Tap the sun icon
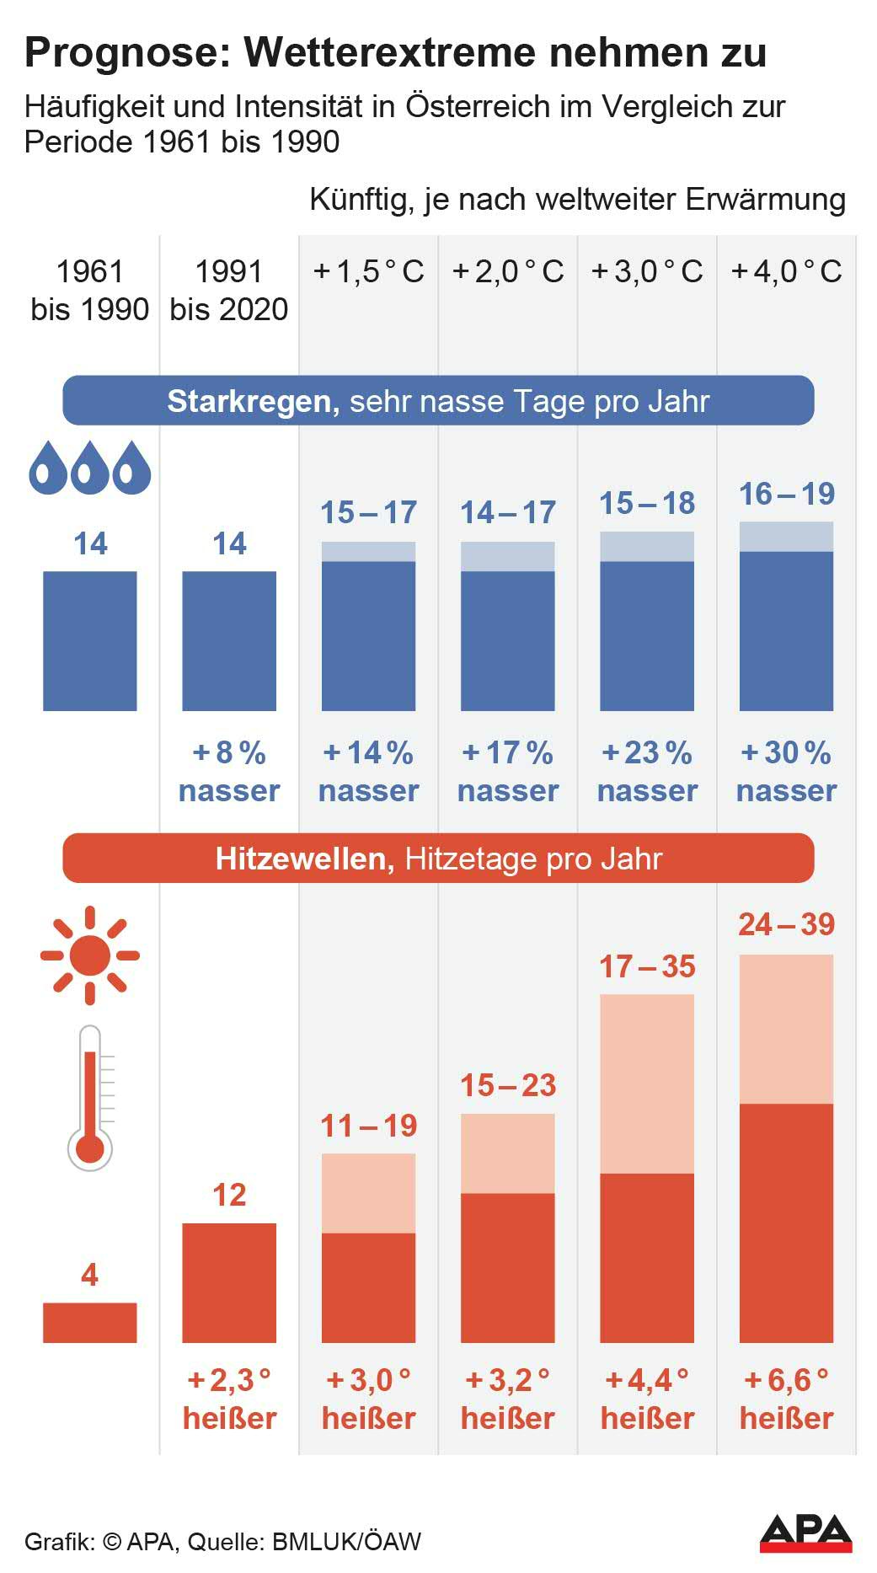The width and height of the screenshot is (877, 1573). point(89,955)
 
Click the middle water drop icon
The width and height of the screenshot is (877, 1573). point(89,468)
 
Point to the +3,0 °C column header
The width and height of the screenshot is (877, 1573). point(647,271)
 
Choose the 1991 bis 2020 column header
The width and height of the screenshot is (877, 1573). point(229,290)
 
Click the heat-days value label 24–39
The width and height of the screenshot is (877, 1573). point(786,924)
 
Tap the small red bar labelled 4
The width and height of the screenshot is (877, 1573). point(89,1322)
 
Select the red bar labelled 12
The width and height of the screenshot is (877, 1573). point(229,1282)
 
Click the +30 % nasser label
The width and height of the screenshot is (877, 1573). point(786,771)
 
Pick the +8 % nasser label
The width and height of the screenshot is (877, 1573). point(229,771)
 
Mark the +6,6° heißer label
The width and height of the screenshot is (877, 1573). point(786,1399)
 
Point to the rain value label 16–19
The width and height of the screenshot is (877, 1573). point(786,494)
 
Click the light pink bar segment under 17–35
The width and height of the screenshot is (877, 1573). point(647,1083)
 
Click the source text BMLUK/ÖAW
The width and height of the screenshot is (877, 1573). point(345,1541)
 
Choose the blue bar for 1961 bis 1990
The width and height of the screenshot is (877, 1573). point(89,640)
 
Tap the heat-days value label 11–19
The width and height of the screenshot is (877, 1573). point(368,1125)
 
